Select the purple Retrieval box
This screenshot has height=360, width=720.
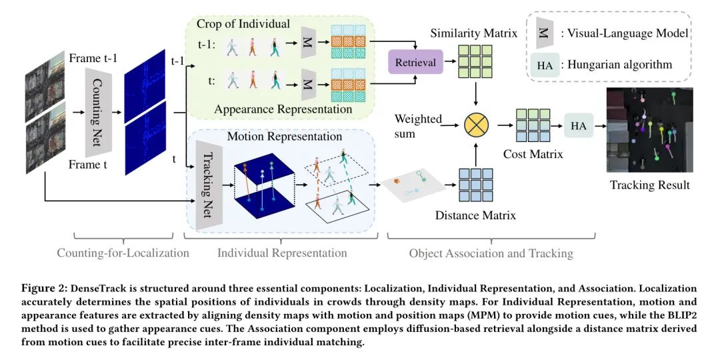point(415,63)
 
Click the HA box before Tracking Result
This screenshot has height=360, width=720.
point(579,125)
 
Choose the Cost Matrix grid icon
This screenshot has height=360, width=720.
point(531,126)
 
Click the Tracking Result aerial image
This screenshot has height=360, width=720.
point(649,130)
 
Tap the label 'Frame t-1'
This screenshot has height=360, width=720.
point(93,59)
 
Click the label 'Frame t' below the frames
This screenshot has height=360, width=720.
point(88,165)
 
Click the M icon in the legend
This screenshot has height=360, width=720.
point(544,34)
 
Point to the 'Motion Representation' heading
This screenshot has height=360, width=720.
point(285,137)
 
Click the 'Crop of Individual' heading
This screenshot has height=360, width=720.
point(243,24)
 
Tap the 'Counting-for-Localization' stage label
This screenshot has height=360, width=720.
point(123,253)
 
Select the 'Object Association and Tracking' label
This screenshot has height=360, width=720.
point(491,253)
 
